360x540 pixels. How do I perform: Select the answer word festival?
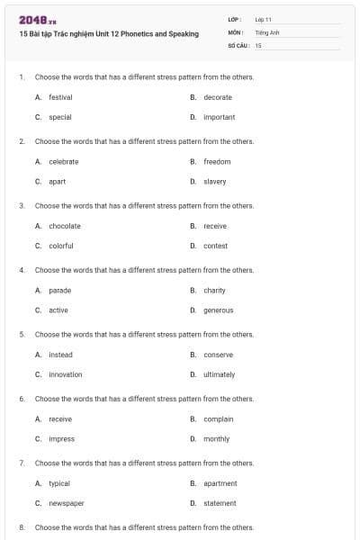(60, 97)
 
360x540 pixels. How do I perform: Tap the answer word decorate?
(218, 97)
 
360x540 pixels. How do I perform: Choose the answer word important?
(219, 117)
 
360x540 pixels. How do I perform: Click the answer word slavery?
(215, 181)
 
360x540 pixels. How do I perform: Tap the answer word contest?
(215, 246)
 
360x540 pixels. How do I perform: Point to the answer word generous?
(218, 310)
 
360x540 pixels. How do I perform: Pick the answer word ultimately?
(219, 374)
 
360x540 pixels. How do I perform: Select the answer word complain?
(218, 419)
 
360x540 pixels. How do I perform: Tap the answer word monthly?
(216, 439)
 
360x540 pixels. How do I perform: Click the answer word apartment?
(220, 483)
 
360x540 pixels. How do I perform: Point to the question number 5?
(21, 334)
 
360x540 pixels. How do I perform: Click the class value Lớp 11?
(263, 19)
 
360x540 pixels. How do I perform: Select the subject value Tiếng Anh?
(267, 31)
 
